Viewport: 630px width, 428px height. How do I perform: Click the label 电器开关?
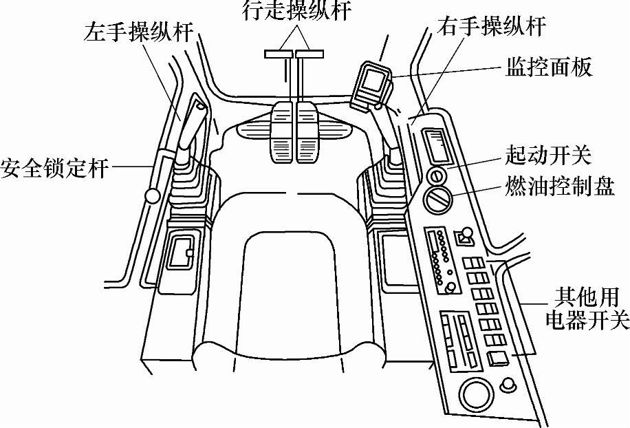point(586,320)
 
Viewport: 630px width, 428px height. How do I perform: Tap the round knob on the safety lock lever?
point(152,198)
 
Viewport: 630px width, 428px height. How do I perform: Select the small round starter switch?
point(437,174)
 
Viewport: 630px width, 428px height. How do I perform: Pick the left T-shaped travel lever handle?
point(279,53)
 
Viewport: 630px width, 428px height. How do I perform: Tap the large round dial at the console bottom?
point(475,396)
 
